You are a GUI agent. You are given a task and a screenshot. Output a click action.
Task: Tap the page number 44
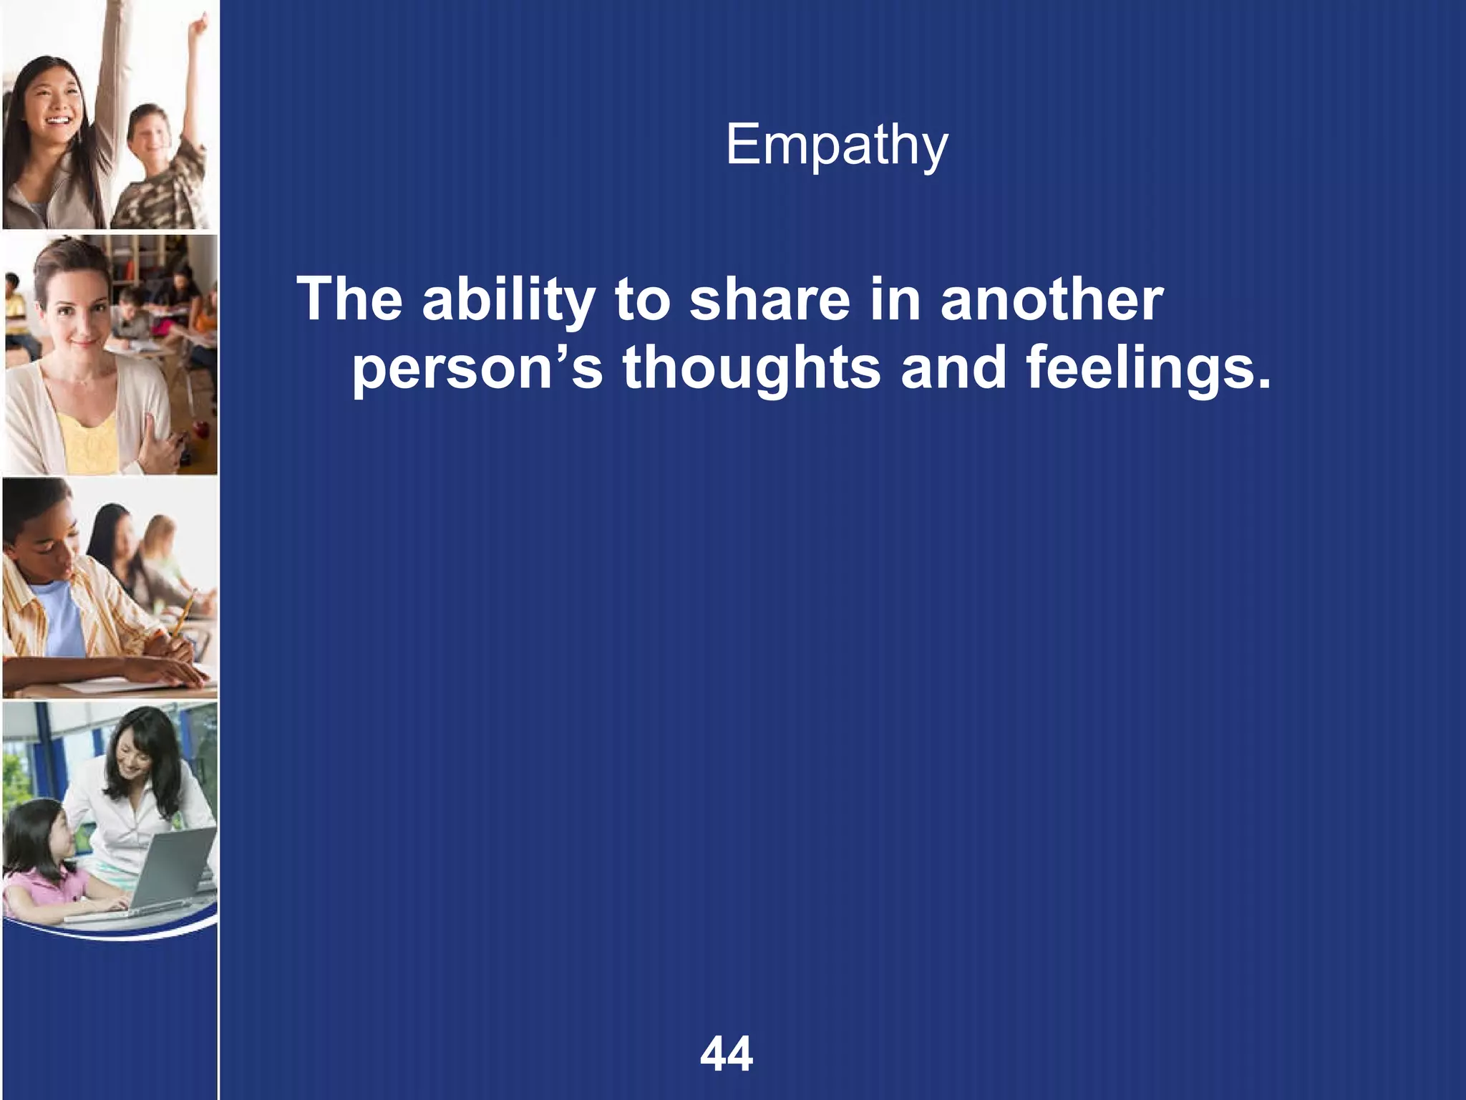[x=727, y=1054]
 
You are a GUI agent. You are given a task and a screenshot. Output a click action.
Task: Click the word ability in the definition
[x=508, y=301]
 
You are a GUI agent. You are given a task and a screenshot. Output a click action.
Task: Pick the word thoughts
[x=752, y=370]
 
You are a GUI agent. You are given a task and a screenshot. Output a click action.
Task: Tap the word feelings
[x=1148, y=370]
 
